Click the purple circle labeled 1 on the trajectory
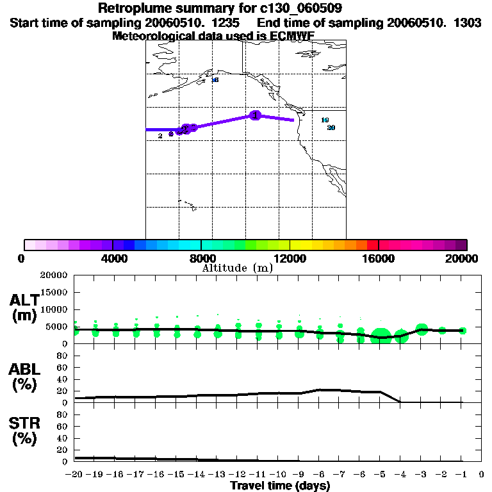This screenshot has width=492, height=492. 256,115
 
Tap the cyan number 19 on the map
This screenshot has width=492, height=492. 325,120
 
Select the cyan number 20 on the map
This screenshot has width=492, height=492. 331,127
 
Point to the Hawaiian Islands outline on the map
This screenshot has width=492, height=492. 186,205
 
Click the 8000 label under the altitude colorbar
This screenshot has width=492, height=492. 201,258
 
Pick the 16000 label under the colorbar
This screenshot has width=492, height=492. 379,258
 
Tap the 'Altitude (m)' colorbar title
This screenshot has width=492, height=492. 238,268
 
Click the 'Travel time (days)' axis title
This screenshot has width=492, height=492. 280,486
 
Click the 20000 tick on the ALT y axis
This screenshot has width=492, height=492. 54,275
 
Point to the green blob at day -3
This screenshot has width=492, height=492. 422,329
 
